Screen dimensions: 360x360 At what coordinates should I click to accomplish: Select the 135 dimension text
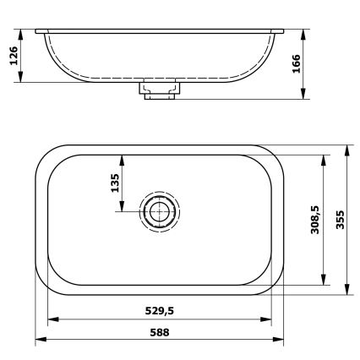pyautogui.click(x=114, y=183)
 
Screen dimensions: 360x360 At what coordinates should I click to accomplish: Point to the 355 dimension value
pyautogui.click(x=339, y=220)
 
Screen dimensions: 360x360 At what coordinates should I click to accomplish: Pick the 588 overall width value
pyautogui.click(x=158, y=332)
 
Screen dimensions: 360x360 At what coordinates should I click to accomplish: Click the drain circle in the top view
pyautogui.click(x=159, y=212)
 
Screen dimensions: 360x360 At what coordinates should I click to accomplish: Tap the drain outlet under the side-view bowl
pyautogui.click(x=158, y=89)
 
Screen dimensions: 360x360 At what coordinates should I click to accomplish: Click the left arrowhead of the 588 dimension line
pyautogui.click(x=39, y=340)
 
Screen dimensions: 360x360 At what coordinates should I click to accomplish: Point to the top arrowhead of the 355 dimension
pyautogui.click(x=348, y=149)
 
